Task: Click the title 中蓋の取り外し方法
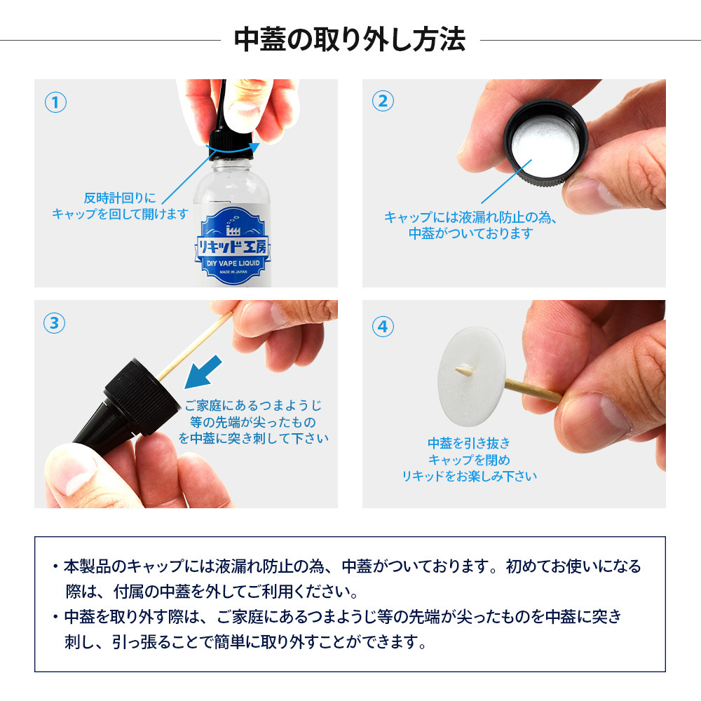click(350, 40)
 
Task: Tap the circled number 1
click(55, 102)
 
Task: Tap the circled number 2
click(383, 101)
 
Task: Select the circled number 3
click(55, 322)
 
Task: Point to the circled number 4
click(383, 327)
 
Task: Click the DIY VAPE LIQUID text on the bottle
click(233, 264)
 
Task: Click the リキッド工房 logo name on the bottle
click(233, 247)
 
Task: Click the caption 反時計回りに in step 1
click(121, 198)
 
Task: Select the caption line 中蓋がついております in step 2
click(471, 233)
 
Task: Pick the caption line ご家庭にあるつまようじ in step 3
click(253, 405)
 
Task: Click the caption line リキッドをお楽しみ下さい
click(470, 476)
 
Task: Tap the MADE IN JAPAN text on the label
click(233, 272)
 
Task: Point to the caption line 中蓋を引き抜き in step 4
click(469, 443)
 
